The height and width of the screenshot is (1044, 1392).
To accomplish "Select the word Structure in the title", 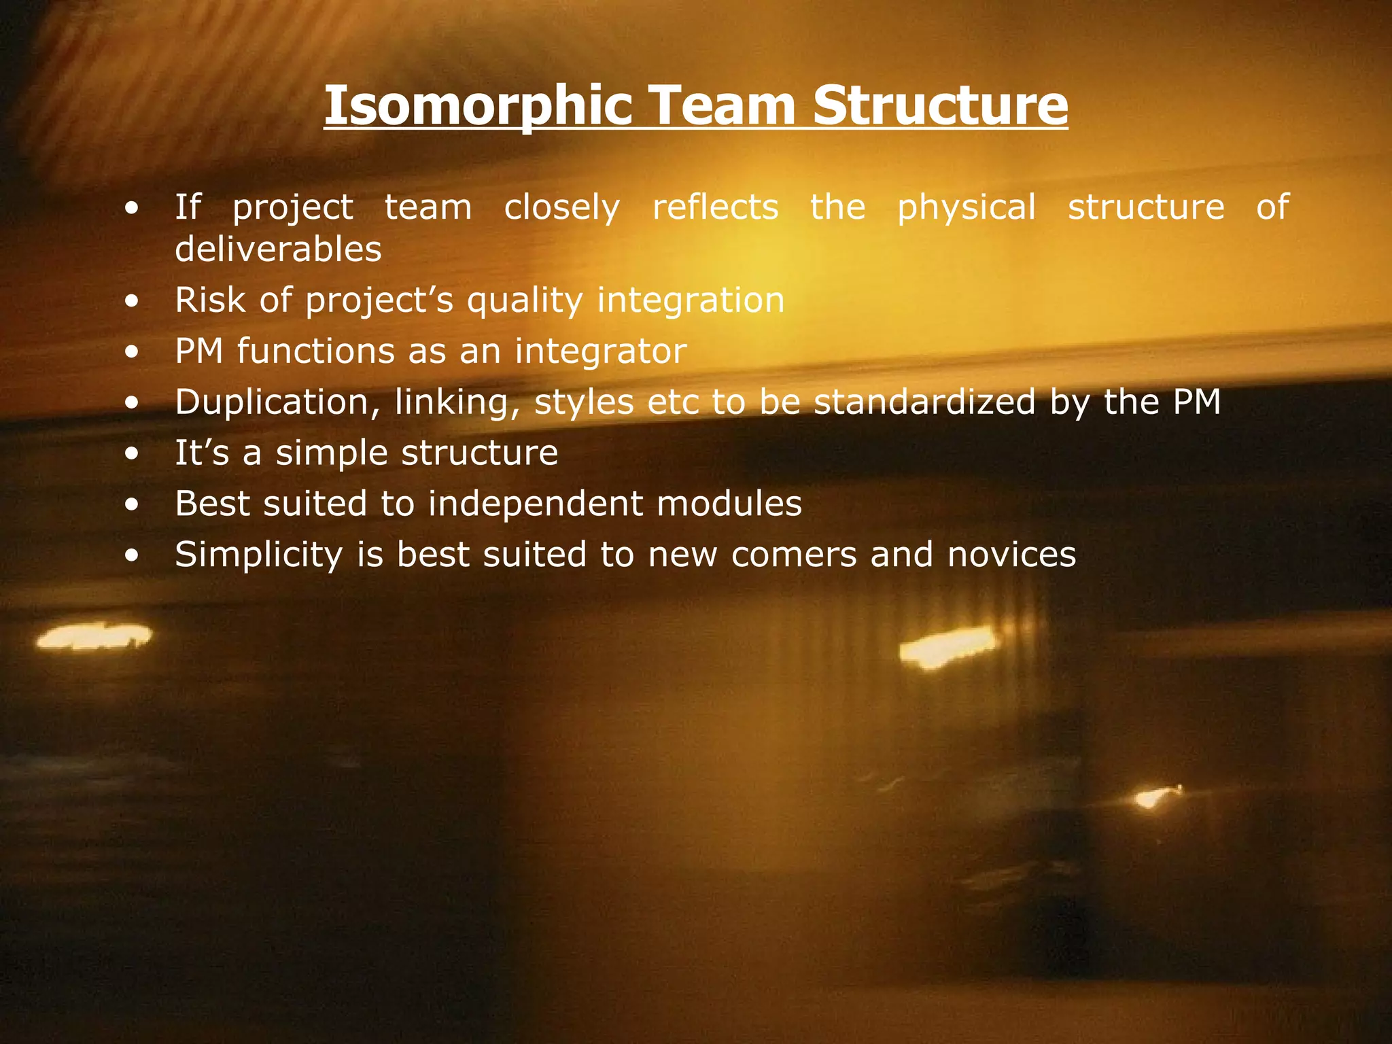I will click(x=940, y=106).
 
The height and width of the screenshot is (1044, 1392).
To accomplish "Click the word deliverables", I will click(x=278, y=249).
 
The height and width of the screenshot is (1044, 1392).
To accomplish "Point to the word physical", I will click(x=966, y=207).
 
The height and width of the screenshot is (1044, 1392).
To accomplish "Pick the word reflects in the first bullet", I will click(x=715, y=207).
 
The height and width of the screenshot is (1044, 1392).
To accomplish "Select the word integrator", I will click(x=601, y=352).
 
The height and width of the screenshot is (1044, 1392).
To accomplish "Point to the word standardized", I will click(x=924, y=402).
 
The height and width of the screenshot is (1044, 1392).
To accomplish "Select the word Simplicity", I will click(x=259, y=555).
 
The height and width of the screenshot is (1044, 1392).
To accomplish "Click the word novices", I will click(x=1011, y=555).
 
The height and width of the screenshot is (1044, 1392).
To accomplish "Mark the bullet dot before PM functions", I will click(x=132, y=353).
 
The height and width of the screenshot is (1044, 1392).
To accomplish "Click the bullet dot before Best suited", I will click(x=132, y=505).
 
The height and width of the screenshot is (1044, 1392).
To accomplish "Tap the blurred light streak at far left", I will click(x=94, y=637).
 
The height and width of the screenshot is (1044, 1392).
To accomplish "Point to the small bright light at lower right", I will click(x=1153, y=797).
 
